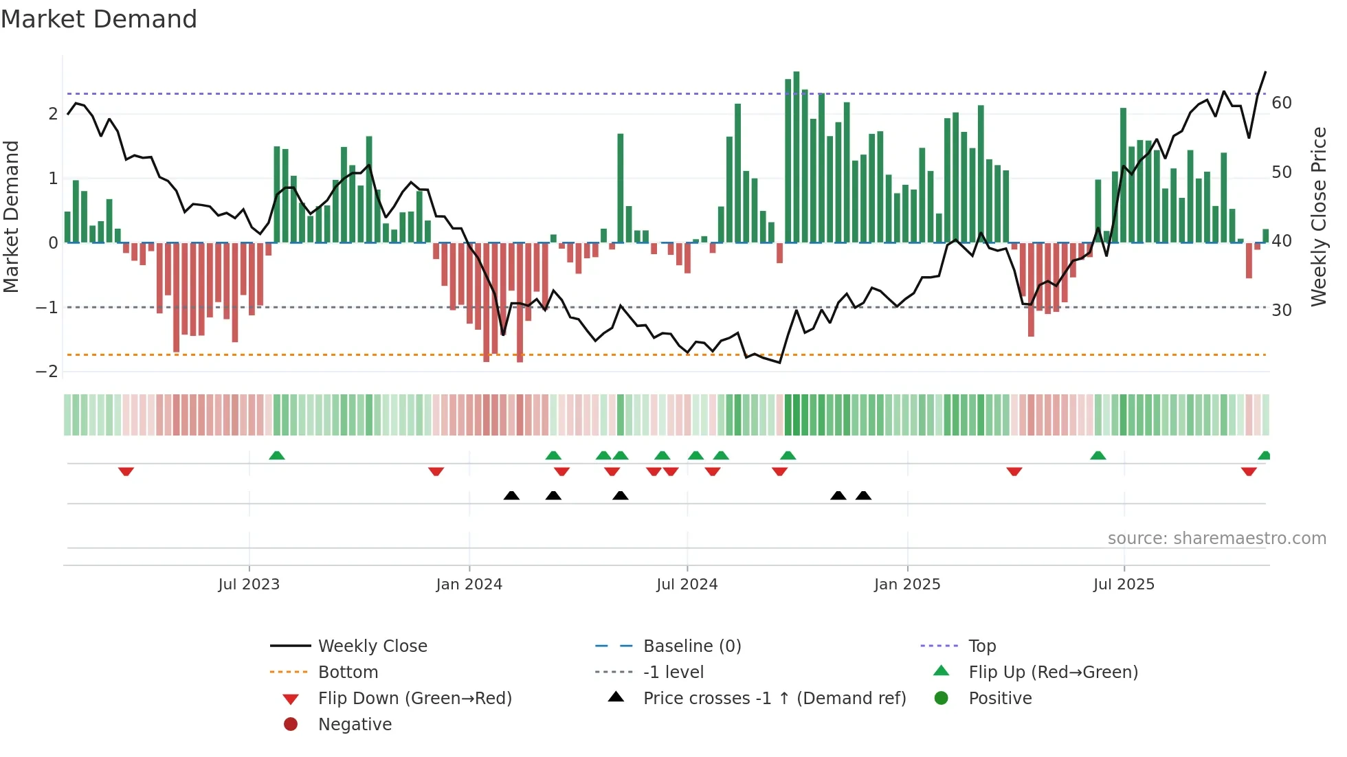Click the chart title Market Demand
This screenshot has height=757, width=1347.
click(x=99, y=19)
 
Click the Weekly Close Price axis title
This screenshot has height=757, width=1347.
click(x=1318, y=216)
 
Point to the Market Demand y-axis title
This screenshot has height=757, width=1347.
click(x=11, y=216)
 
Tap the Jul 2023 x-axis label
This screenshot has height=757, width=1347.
click(x=249, y=585)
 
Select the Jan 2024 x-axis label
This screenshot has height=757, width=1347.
click(x=469, y=585)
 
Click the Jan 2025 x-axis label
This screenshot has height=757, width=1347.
click(x=906, y=585)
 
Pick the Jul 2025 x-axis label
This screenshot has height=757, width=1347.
click(x=1124, y=585)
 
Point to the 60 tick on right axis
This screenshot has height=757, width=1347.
click(x=1281, y=103)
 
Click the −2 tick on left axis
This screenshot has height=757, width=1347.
click(x=47, y=372)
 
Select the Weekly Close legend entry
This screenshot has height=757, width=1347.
click(x=372, y=646)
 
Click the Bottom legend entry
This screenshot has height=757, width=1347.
click(x=348, y=673)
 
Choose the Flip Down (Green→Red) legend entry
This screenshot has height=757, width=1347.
click(x=414, y=699)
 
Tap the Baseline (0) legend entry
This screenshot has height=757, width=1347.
click(x=691, y=646)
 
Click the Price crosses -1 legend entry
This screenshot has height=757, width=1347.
click(x=774, y=699)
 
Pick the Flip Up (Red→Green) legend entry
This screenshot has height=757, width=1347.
click(x=1053, y=673)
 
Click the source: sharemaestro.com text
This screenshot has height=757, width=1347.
click(x=1216, y=539)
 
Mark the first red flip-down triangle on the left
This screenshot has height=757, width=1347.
click(x=126, y=471)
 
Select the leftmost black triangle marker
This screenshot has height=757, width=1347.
click(x=511, y=495)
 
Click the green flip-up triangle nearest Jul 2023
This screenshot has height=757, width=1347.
click(x=276, y=455)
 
